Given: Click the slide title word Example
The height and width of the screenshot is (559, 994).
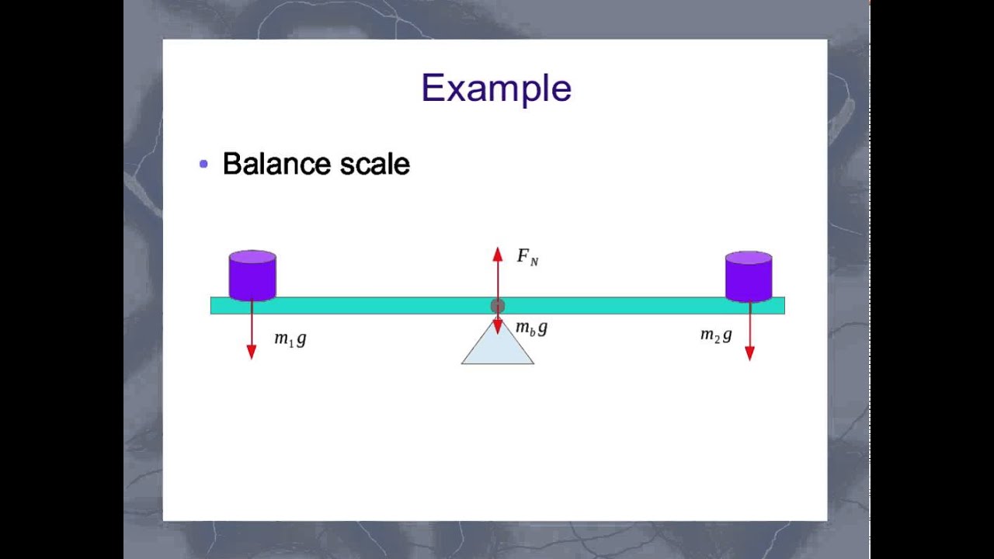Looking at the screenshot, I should tap(496, 88).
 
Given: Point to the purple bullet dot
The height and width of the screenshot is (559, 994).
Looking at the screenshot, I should tap(203, 164).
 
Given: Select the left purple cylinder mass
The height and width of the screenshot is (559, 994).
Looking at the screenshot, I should tap(252, 278).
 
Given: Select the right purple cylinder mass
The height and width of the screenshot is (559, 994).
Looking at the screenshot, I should tap(749, 279).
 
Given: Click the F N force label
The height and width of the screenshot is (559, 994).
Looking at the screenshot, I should tap(527, 257).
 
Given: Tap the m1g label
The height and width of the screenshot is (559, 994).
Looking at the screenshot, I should tap(290, 339).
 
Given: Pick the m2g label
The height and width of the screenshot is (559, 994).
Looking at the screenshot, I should tap(716, 335).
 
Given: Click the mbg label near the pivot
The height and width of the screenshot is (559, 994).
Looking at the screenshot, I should tap(531, 328).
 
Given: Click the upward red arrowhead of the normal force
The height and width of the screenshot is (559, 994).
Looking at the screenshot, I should tap(498, 254).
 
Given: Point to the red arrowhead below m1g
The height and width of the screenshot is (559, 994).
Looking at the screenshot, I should tap(252, 352).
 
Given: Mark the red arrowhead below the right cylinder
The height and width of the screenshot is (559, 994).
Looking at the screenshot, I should tap(749, 353).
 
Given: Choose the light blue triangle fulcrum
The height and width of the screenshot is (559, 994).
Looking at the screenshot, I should tap(498, 348).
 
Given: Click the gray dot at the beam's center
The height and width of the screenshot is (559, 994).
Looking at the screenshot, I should tap(498, 306).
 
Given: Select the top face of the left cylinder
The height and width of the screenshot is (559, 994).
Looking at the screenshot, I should tap(252, 256).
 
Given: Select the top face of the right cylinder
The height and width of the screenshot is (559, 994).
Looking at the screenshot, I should tap(749, 257).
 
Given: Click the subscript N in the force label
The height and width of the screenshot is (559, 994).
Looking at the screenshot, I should tap(534, 262).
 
